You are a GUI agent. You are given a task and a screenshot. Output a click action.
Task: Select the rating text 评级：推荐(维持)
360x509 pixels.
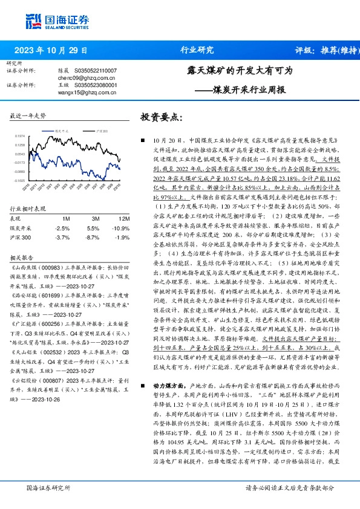[x=324, y=50]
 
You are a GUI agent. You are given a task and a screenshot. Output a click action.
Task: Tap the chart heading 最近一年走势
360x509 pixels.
[x=27, y=115]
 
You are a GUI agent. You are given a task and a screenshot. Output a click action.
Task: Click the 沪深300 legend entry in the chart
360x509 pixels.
[x=102, y=130]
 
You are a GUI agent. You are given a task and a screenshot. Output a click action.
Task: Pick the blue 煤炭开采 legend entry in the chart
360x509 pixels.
[x=59, y=130]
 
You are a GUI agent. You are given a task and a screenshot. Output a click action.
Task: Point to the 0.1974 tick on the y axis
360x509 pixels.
[x=19, y=137]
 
